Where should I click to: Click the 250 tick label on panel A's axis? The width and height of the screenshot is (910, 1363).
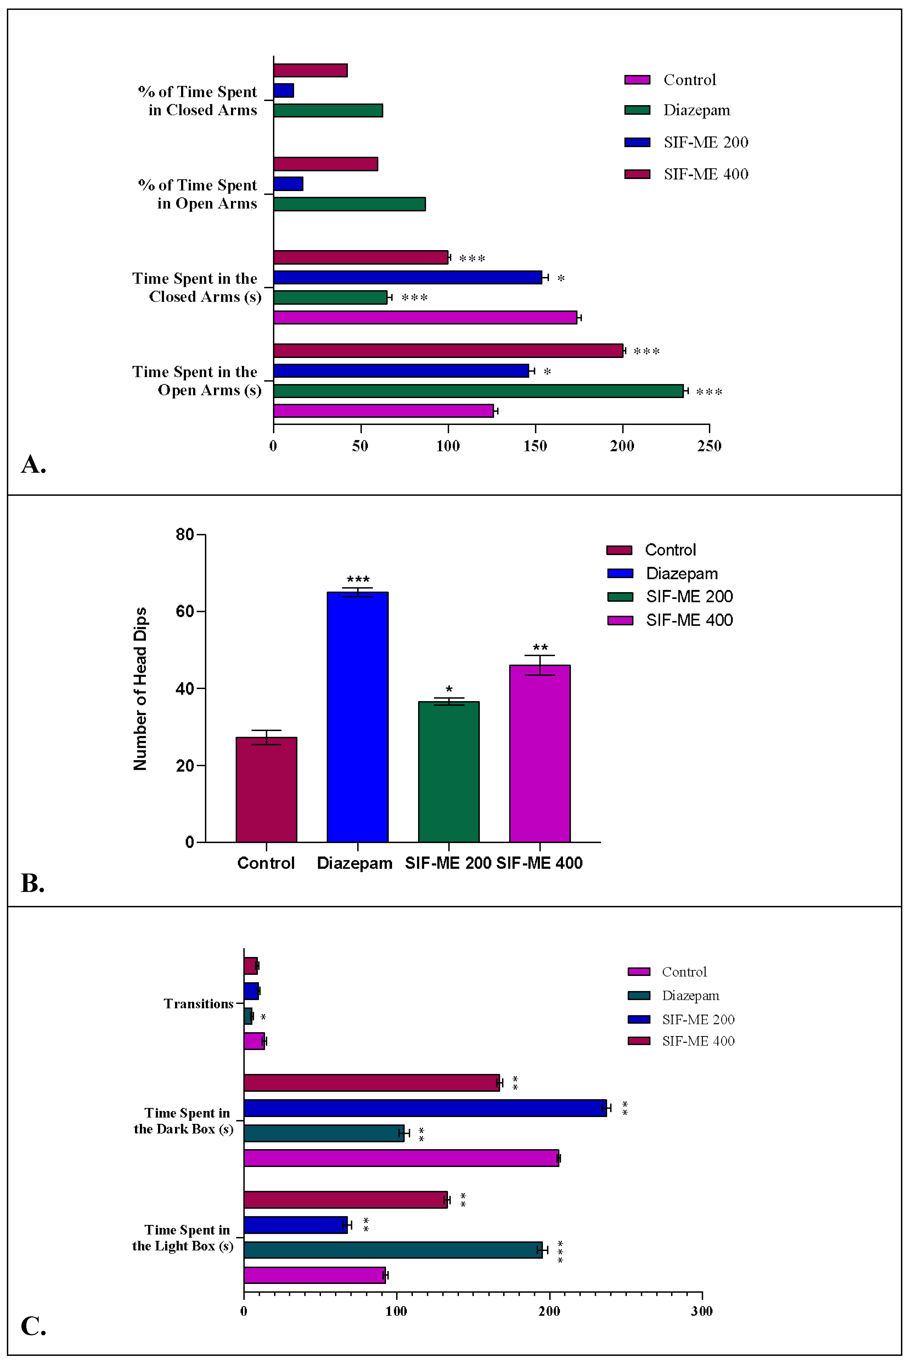click(709, 446)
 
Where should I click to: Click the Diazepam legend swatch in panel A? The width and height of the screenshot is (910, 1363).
click(637, 110)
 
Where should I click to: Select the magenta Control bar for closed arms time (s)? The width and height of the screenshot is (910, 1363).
click(425, 317)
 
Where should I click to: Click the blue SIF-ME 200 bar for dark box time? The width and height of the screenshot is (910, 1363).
click(425, 1108)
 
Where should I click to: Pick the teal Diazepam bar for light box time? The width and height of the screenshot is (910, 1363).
click(393, 1250)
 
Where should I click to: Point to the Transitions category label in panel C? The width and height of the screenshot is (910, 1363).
click(198, 1004)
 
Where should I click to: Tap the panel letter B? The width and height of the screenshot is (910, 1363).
click(32, 883)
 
